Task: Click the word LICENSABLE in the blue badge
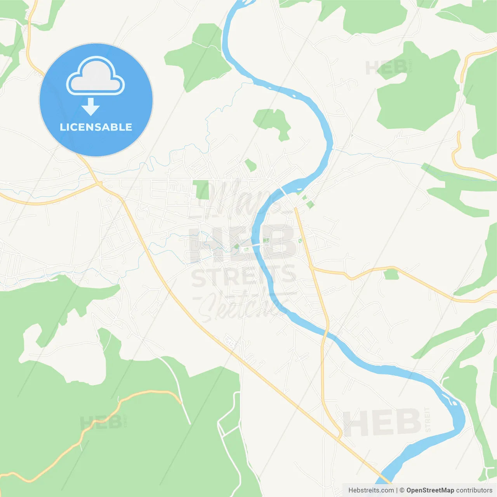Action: pos(96,127)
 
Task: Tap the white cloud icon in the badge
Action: pos(96,76)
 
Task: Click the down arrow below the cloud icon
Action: pos(90,106)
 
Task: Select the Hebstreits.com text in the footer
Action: pos(371,490)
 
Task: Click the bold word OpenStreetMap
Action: pos(430,490)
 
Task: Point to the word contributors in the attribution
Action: pos(474,490)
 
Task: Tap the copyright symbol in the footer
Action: pos(402,490)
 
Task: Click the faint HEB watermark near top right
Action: pos(386,68)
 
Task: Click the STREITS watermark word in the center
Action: pos(243,276)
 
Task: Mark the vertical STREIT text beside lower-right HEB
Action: pos(427,420)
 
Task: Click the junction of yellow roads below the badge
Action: pos(100,183)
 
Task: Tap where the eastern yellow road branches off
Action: pos(311,267)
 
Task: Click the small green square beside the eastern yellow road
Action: pos(391,274)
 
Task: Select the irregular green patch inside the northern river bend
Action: pos(273,122)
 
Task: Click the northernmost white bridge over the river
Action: pos(285,192)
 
